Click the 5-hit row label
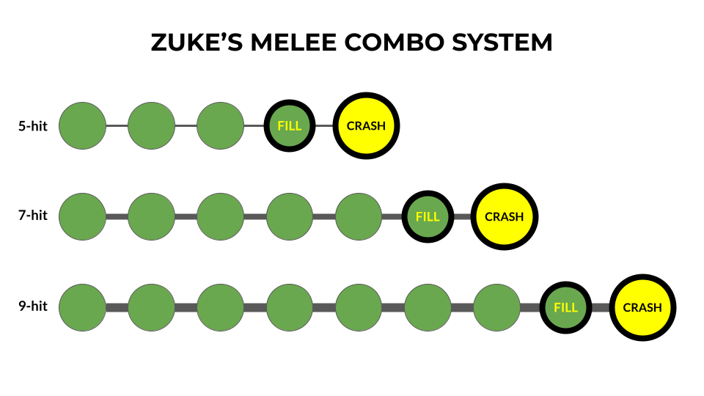(32, 126)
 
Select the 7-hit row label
(32, 216)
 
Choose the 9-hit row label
(32, 307)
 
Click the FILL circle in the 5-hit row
(290, 125)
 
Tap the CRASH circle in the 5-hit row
(366, 125)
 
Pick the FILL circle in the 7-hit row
(428, 216)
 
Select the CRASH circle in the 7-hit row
(505, 216)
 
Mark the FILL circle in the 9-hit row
(566, 307)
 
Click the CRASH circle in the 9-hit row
(642, 307)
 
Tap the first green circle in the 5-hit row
(82, 125)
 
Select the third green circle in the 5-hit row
(220, 125)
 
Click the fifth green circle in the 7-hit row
(359, 216)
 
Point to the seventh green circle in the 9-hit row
(496, 307)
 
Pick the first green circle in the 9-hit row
(82, 307)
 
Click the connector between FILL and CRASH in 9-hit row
(601, 307)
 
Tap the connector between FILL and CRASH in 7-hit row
(463, 216)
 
